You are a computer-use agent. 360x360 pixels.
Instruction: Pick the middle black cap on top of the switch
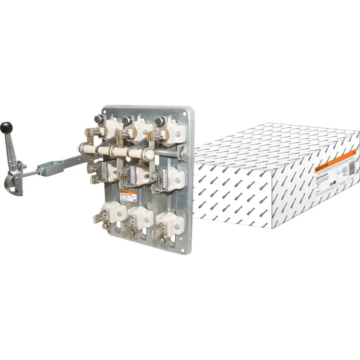[127, 120]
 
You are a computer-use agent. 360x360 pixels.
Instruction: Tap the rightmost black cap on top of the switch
[159, 121]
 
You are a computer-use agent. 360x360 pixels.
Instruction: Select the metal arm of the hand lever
[12, 154]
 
